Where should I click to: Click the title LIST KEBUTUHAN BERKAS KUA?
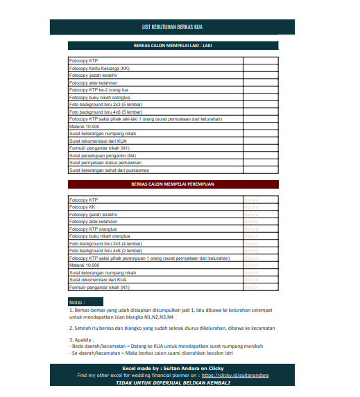(177, 28)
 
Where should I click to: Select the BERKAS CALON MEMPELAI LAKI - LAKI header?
(173, 46)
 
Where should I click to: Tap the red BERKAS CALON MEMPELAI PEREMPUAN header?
(173, 185)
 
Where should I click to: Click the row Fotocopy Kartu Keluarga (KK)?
(99, 69)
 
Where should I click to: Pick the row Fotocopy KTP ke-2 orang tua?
(99, 90)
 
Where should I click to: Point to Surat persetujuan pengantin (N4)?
(103, 155)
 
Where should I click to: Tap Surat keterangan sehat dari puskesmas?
(110, 170)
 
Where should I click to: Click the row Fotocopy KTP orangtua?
(94, 229)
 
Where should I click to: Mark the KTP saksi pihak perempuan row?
(149, 258)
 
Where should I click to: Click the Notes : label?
(78, 302)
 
